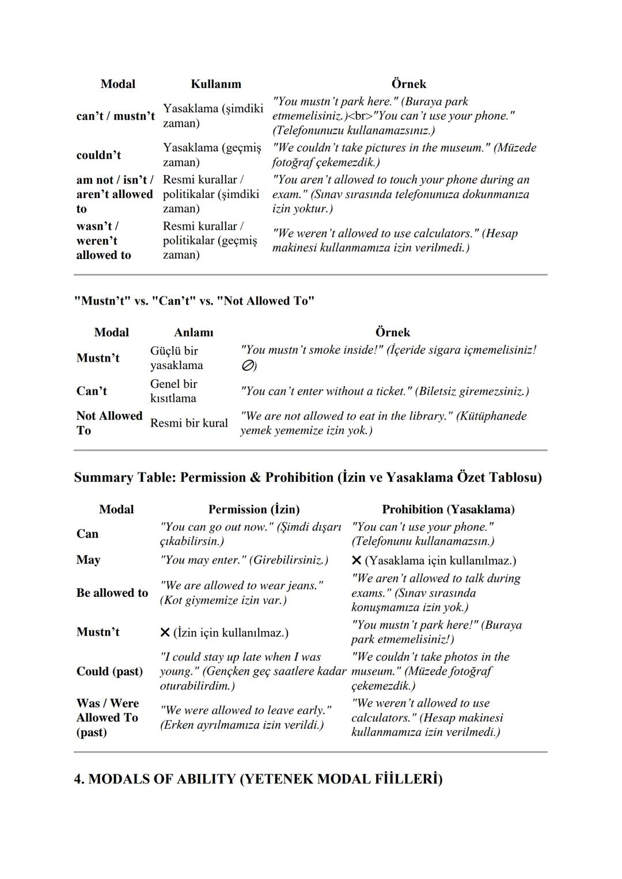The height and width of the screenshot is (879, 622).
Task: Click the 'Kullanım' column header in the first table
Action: pyautogui.click(x=216, y=84)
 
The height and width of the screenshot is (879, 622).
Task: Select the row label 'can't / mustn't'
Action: pyautogui.click(x=115, y=116)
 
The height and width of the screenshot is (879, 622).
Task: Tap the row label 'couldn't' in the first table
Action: pyautogui.click(x=98, y=155)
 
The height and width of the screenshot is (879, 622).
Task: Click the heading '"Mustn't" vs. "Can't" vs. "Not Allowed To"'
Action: pyautogui.click(x=194, y=301)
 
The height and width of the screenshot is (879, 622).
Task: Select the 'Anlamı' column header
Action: pyautogui.click(x=194, y=333)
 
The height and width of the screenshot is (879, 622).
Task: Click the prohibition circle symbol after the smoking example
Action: pyautogui.click(x=247, y=366)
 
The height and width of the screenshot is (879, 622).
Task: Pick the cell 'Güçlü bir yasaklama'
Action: pyautogui.click(x=176, y=358)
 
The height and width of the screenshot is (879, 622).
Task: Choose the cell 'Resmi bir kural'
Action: pyautogui.click(x=189, y=423)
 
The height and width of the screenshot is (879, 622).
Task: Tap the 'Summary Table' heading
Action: pyautogui.click(x=308, y=477)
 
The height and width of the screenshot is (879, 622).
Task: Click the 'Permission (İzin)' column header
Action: pyautogui.click(x=254, y=509)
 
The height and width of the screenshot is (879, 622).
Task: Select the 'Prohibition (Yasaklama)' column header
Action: pyautogui.click(x=448, y=509)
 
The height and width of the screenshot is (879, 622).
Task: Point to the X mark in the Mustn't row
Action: pyautogui.click(x=165, y=633)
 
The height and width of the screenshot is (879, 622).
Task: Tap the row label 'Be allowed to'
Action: pyautogui.click(x=112, y=593)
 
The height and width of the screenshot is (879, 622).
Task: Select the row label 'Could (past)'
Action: pyautogui.click(x=109, y=671)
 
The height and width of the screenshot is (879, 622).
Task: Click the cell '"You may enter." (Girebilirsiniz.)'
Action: pyautogui.click(x=244, y=560)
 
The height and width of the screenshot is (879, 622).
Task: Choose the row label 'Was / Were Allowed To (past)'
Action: pyautogui.click(x=108, y=718)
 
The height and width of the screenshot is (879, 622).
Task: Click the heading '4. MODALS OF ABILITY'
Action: pyautogui.click(x=258, y=779)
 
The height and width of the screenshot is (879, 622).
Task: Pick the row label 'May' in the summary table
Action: pyautogui.click(x=88, y=560)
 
